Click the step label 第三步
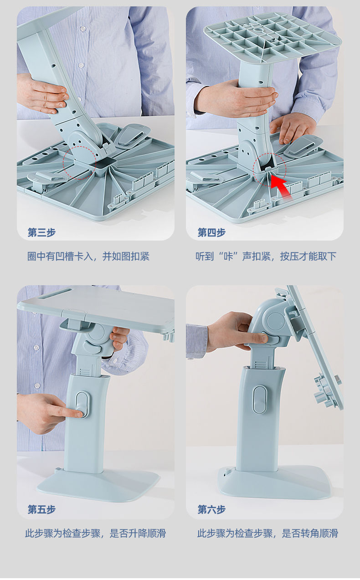tap(42, 232)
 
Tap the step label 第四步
tap(211, 232)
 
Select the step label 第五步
tap(42, 509)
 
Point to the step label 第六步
tap(211, 509)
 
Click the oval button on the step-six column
tap(260, 400)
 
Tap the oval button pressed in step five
tap(82, 405)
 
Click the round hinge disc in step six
tap(276, 319)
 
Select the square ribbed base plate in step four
tap(272, 37)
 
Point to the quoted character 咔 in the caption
tap(228, 257)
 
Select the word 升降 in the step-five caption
tap(138, 534)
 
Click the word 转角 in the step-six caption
tap(310, 534)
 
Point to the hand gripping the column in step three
tap(43, 94)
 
